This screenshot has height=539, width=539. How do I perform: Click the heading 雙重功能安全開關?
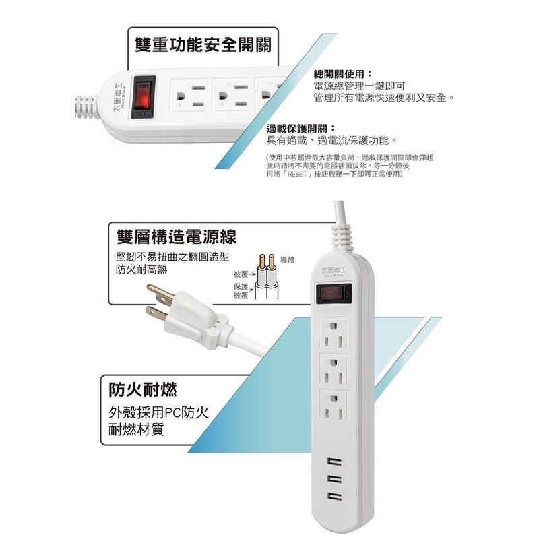(203, 46)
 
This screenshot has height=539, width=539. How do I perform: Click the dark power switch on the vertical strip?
(333, 295)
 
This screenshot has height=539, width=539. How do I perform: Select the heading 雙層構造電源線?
(176, 237)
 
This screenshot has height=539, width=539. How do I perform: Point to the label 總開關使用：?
(343, 73)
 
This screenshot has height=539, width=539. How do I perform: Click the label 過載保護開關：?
(300, 129)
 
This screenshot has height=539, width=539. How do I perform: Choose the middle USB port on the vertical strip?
(334, 479)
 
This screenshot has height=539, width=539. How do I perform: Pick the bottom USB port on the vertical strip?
(334, 496)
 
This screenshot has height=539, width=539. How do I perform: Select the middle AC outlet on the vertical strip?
(334, 369)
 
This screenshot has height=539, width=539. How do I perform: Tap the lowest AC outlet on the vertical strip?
(334, 406)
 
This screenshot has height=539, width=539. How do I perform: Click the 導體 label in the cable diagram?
(286, 260)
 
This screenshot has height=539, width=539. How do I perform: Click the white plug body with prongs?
(195, 323)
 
